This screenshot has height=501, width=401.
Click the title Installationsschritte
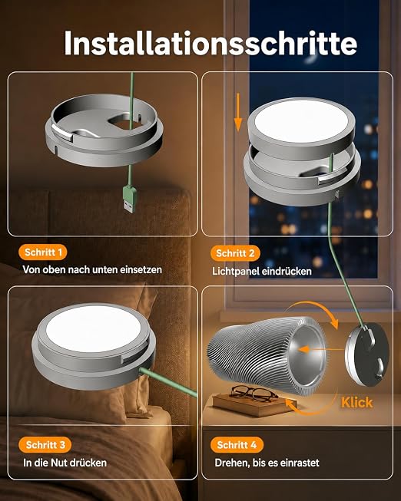210,43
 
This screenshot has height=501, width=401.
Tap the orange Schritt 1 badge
43,252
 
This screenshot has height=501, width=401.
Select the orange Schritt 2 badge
235,253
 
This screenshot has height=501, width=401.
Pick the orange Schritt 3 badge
45,445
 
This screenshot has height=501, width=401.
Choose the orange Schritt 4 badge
237,445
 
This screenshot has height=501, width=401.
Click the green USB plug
130,199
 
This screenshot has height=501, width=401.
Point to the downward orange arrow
238,113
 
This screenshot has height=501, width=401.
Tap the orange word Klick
357,403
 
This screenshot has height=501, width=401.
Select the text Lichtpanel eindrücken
262,272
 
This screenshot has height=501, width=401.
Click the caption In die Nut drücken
65,463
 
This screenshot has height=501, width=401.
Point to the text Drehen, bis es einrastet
267,463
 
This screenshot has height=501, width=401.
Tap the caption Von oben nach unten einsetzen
92,269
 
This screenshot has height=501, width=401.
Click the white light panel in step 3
94,328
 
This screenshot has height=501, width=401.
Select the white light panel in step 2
302,121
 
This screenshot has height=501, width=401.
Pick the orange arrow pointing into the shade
321,349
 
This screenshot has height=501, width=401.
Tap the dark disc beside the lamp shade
366,354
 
